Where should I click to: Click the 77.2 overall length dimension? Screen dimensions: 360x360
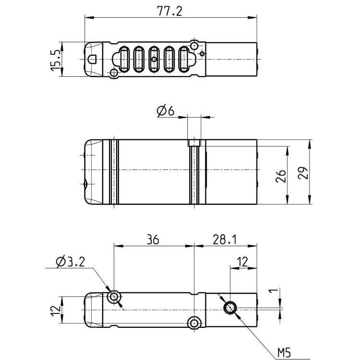[169, 11]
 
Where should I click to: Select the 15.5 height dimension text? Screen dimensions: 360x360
[56, 60]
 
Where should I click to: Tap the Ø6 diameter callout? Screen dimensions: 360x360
[166, 111]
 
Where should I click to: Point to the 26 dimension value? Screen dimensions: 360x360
[281, 176]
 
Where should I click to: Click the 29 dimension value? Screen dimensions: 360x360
[302, 173]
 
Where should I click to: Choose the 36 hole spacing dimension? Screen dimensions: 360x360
[153, 240]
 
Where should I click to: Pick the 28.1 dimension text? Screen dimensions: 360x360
[225, 240]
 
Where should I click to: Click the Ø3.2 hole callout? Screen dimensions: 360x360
[71, 262]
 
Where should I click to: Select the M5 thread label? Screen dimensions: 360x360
[284, 352]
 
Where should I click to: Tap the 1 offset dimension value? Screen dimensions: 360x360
[274, 291]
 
